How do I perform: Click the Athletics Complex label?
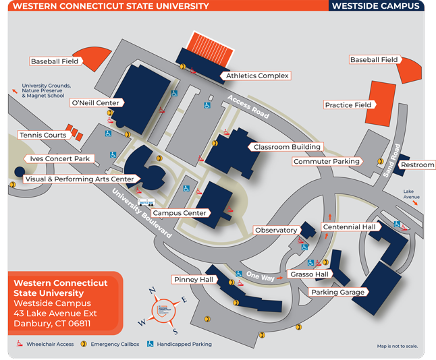tap(257, 76)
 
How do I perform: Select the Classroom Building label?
tap(287, 147)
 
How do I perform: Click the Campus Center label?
tap(179, 213)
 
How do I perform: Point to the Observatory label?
tap(276, 231)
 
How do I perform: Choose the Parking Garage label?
tap(337, 293)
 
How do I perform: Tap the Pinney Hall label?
tap(193, 280)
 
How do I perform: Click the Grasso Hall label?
tap(309, 274)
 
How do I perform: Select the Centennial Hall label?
tap(349, 227)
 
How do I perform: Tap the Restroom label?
tap(417, 164)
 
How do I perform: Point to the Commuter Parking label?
tap(326, 162)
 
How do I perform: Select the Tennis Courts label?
tap(43, 136)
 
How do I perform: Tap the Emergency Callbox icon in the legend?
tap(84, 344)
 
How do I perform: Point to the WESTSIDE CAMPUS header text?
tap(375, 6)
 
